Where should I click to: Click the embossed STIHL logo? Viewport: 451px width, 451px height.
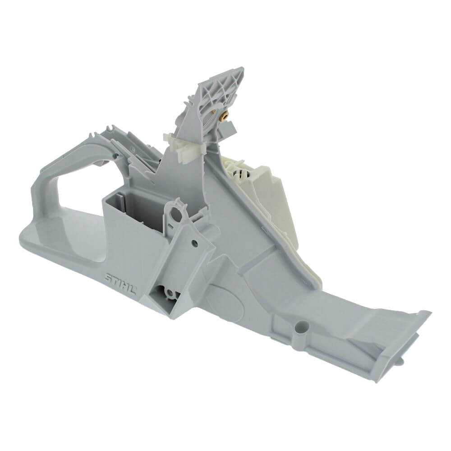120,283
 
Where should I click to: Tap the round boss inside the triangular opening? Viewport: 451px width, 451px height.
171,294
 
